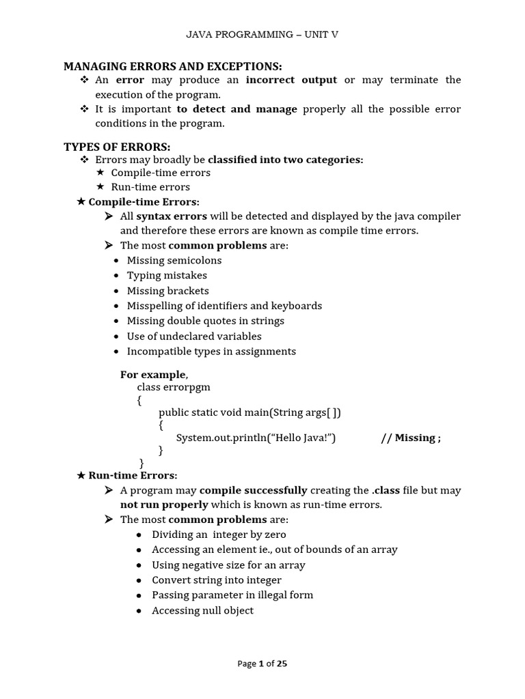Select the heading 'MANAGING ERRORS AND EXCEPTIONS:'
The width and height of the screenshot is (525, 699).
tap(172, 66)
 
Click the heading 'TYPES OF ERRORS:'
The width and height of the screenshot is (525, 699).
tap(117, 147)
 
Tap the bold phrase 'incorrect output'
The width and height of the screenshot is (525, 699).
tap(291, 80)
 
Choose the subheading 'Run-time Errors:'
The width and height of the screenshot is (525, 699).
tap(133, 475)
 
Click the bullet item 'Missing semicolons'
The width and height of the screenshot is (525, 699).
tap(174, 260)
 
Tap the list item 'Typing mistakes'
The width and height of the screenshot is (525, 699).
tap(167, 275)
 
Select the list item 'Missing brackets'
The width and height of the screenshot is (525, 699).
tap(167, 291)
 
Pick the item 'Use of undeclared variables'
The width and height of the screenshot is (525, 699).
tap(194, 336)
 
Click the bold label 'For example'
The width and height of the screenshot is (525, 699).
tap(152, 374)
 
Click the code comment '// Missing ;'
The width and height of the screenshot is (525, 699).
tap(410, 438)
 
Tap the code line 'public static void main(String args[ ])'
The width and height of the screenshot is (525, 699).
tap(250, 412)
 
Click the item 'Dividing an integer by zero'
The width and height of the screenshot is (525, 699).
tap(219, 534)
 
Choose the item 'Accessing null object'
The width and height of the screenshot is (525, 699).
tap(202, 610)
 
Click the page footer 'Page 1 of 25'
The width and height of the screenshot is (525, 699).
tap(262, 664)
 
